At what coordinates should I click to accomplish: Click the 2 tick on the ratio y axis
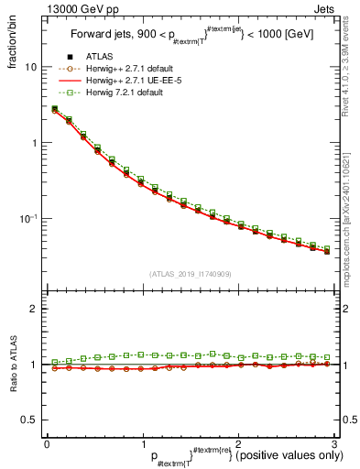tap(33, 309)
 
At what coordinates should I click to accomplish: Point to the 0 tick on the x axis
tap(47, 443)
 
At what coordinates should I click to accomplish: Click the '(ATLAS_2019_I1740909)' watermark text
tap(190, 274)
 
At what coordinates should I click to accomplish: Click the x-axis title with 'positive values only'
tap(238, 455)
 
